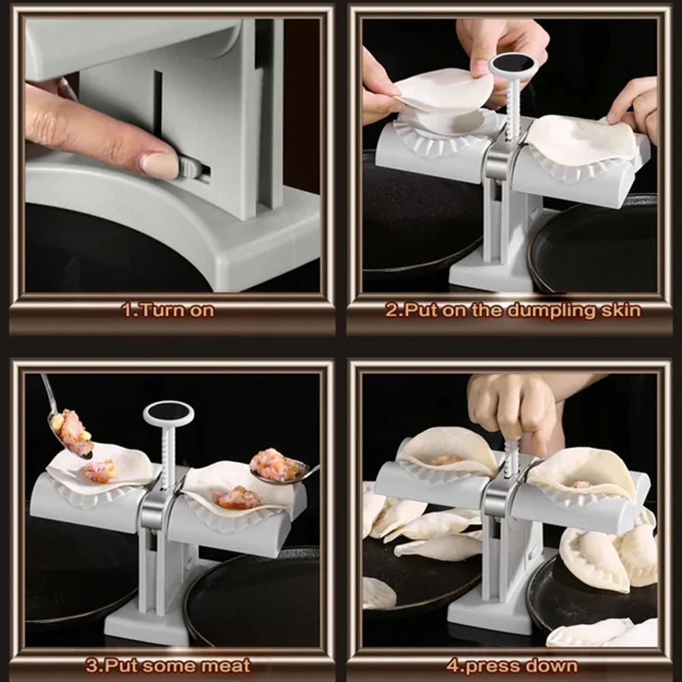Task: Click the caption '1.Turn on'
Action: pos(168,310)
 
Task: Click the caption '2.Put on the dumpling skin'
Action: pos(513,310)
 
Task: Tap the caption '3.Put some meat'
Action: pos(168,665)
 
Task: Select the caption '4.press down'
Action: pos(512,665)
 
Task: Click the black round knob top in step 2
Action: pos(514,63)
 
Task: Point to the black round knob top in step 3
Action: pos(168,411)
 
